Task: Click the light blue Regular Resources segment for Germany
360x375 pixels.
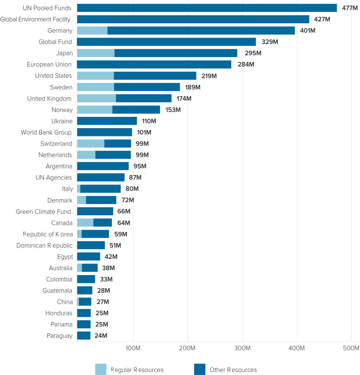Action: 92,30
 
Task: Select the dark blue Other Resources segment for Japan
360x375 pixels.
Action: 176,53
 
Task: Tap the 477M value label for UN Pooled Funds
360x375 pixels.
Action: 349,8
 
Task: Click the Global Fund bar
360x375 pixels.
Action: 166,42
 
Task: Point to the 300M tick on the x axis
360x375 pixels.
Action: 243,348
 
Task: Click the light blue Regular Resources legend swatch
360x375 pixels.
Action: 101,369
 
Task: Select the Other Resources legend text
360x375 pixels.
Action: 233,370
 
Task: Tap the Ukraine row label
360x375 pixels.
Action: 62,121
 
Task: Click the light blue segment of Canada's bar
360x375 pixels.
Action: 85,223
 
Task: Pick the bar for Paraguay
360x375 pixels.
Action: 84,336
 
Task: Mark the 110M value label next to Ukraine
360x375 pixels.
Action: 149,121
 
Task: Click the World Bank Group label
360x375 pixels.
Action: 46,132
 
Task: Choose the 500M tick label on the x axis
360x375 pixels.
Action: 351,348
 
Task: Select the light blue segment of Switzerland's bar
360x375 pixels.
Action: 90,144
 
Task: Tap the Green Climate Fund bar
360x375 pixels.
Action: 95,212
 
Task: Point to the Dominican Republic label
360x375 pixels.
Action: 45,245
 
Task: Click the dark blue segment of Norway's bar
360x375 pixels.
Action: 136,110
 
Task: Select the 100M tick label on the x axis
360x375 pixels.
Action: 133,348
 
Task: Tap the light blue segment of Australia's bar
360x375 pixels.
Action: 80,268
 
